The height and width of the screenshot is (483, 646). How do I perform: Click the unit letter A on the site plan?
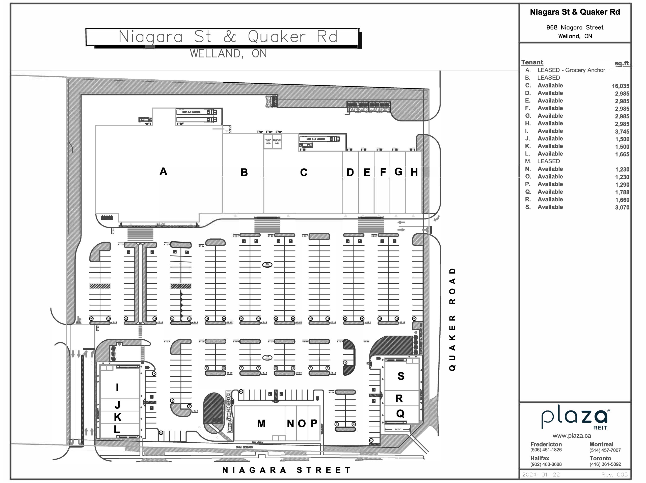(x=163, y=172)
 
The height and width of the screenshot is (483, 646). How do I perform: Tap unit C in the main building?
(x=303, y=172)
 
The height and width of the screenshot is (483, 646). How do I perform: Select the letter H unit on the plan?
(x=414, y=172)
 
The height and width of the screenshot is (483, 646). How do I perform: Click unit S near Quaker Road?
(x=401, y=376)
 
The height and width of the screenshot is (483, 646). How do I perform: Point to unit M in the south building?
(x=261, y=424)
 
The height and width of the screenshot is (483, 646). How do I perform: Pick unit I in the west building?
(x=117, y=387)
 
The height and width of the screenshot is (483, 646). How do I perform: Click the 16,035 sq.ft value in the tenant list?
(x=620, y=86)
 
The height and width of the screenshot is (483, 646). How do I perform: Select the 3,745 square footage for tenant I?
(x=622, y=132)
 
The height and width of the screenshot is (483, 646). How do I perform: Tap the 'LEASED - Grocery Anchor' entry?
(x=571, y=70)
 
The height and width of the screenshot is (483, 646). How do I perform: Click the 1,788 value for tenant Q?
(x=622, y=192)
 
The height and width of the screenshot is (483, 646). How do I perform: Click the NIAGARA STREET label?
(x=286, y=470)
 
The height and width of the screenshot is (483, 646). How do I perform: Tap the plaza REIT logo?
(x=574, y=419)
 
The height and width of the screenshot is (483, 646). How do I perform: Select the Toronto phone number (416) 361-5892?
(x=605, y=464)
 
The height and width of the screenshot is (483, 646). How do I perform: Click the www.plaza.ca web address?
(x=572, y=436)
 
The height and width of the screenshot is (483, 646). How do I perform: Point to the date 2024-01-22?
(x=541, y=474)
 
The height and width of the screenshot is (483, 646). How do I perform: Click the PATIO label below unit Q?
(x=398, y=429)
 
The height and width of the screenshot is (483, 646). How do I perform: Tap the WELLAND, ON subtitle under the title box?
(x=228, y=54)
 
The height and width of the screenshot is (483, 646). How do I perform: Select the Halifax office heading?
(x=540, y=458)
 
